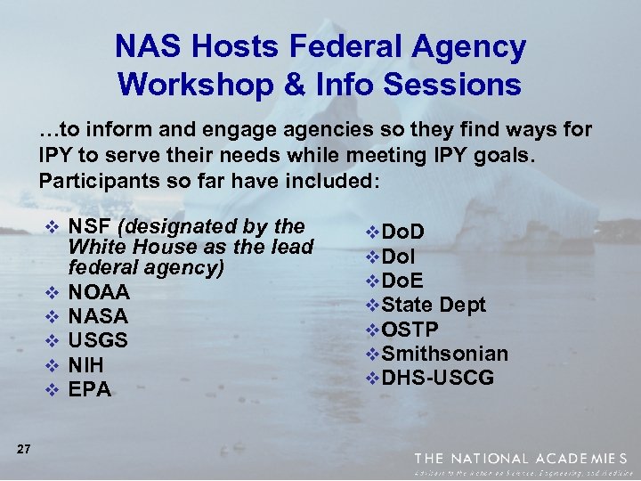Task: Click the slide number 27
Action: [24, 450]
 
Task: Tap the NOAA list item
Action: [99, 292]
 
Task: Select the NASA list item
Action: [98, 316]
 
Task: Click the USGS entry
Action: [98, 340]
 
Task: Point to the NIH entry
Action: [85, 365]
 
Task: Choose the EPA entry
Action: [89, 389]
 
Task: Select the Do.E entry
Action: [402, 281]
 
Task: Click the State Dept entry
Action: [434, 305]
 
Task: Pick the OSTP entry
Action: [410, 329]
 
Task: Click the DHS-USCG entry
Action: [437, 378]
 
